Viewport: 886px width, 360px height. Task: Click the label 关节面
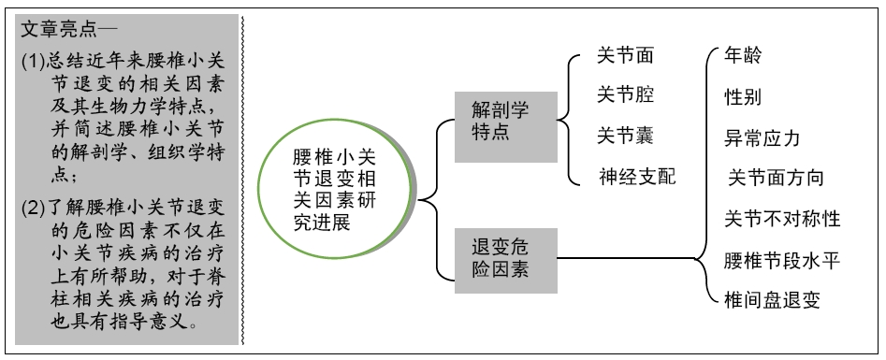click(x=625, y=55)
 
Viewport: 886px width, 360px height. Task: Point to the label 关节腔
click(x=625, y=94)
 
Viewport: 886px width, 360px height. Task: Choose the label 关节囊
click(x=625, y=135)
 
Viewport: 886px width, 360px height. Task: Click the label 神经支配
click(x=637, y=175)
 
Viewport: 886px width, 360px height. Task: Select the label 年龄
click(x=744, y=55)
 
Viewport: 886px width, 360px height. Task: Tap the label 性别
click(x=744, y=96)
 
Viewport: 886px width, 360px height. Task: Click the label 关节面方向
click(x=776, y=178)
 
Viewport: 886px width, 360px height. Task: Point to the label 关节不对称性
click(x=782, y=219)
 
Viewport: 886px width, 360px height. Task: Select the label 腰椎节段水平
click(x=782, y=259)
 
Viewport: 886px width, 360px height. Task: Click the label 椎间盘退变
click(x=773, y=299)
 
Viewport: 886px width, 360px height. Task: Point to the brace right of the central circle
click(x=427, y=198)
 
